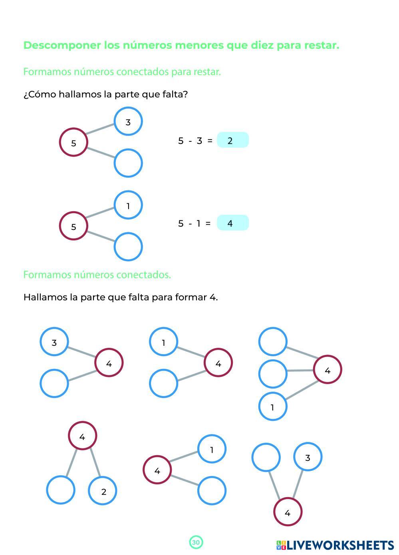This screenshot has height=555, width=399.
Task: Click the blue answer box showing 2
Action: pyautogui.click(x=232, y=140)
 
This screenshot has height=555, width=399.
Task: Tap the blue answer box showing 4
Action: pyautogui.click(x=232, y=223)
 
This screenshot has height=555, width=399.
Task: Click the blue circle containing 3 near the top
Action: pyautogui.click(x=128, y=121)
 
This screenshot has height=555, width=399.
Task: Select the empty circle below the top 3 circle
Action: pyautogui.click(x=128, y=163)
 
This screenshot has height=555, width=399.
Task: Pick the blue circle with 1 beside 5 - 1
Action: pyautogui.click(x=128, y=205)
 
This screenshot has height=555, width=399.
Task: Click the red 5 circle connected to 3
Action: pyautogui.click(x=73, y=142)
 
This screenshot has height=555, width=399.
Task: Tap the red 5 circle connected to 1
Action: pyautogui.click(x=73, y=226)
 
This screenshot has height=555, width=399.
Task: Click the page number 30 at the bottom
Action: pyautogui.click(x=196, y=542)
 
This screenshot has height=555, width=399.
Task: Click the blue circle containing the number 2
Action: pyautogui.click(x=103, y=491)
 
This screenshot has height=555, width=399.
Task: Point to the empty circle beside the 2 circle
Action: pyautogui.click(x=61, y=490)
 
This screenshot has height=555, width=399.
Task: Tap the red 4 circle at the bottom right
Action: pyautogui.click(x=288, y=512)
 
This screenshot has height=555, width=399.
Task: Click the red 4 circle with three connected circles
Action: pyautogui.click(x=327, y=370)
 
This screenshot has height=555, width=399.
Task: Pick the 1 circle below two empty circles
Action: pyautogui.click(x=273, y=407)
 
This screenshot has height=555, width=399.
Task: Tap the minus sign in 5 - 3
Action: pyautogui.click(x=190, y=141)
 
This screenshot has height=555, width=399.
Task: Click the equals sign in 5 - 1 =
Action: pyautogui.click(x=208, y=223)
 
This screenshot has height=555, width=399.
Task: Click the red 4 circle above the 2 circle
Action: pyautogui.click(x=82, y=436)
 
